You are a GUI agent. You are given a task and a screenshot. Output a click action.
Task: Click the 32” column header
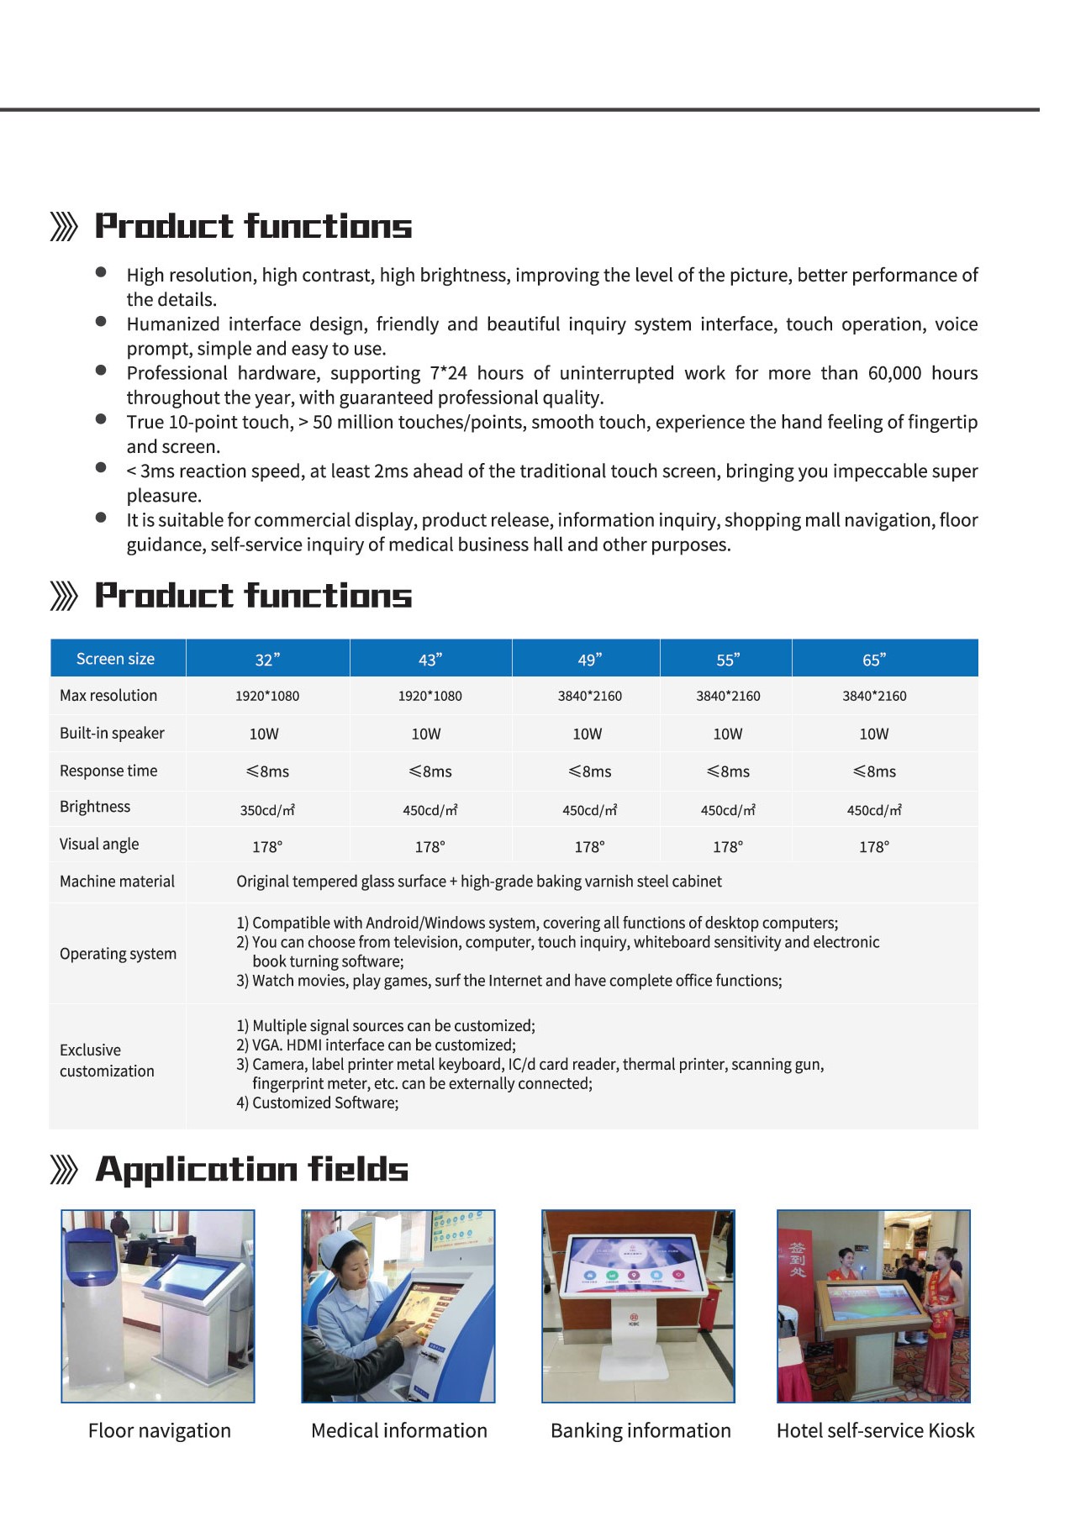267,660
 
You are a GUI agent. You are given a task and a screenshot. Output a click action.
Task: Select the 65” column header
874,660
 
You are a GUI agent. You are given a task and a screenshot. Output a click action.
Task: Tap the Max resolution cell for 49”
589,696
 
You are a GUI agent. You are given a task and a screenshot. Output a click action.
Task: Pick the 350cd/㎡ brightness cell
267,810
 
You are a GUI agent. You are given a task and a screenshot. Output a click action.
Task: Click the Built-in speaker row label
112,733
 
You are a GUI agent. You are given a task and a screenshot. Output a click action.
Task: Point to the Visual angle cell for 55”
727,847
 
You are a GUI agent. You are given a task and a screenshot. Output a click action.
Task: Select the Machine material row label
117,882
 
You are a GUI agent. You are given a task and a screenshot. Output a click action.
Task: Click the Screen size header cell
115,659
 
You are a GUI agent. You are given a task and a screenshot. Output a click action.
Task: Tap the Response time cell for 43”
430,771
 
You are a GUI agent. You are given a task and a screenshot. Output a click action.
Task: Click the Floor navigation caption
159,1430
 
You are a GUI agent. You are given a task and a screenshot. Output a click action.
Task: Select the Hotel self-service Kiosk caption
875,1430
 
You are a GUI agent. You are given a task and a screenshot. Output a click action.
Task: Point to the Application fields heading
251,1169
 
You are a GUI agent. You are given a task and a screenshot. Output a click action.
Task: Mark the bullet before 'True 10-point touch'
101,418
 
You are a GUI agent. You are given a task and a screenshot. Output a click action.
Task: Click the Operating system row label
118,954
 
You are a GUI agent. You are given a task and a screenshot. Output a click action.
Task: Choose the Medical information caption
398,1430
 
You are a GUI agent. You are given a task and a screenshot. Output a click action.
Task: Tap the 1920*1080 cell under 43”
430,696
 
